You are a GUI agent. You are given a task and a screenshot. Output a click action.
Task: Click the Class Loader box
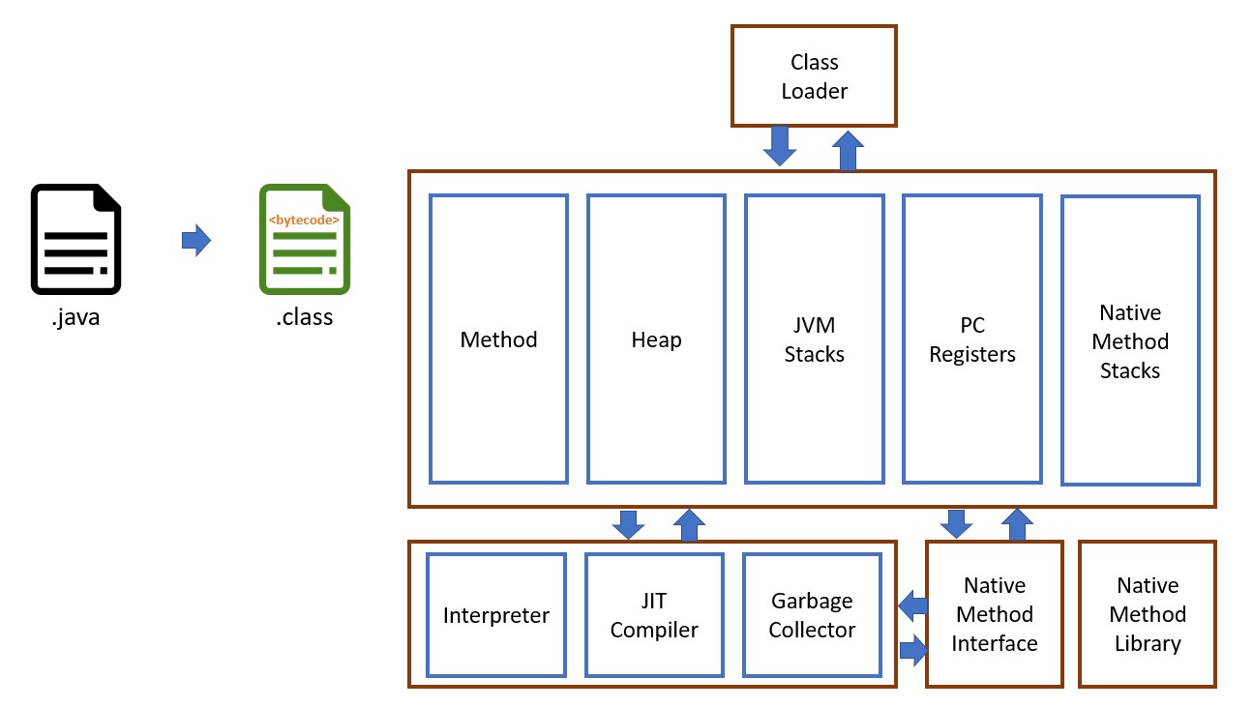pyautogui.click(x=814, y=76)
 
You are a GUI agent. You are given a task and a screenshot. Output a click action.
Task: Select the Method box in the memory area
pyautogui.click(x=498, y=339)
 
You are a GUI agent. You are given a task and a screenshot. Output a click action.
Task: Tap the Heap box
pyautogui.click(x=656, y=339)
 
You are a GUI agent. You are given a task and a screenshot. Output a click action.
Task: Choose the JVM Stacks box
pyautogui.click(x=814, y=339)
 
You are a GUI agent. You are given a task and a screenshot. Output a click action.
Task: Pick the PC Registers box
pyautogui.click(x=972, y=339)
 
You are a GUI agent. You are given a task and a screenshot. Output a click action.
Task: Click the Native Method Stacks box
pyautogui.click(x=1130, y=340)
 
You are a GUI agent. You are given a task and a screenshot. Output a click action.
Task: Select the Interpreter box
pyautogui.click(x=496, y=615)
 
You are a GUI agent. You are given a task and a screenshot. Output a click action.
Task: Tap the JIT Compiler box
pyautogui.click(x=654, y=615)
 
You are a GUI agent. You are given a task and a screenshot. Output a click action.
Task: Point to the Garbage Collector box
pyautogui.click(x=812, y=615)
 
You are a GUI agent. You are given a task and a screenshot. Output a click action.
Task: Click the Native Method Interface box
pyautogui.click(x=994, y=614)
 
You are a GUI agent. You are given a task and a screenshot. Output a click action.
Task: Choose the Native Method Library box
pyautogui.click(x=1148, y=614)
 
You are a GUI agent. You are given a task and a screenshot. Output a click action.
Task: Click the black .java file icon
pyautogui.click(x=76, y=239)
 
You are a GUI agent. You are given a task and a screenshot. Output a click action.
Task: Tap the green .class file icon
pyautogui.click(x=305, y=239)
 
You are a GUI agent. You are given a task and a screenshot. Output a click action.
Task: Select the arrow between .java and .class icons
pyautogui.click(x=196, y=240)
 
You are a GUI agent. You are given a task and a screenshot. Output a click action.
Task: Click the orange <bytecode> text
pyautogui.click(x=304, y=221)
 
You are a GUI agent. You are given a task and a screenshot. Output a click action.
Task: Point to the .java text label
pyautogui.click(x=76, y=316)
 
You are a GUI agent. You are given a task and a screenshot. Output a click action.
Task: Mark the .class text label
pyautogui.click(x=305, y=316)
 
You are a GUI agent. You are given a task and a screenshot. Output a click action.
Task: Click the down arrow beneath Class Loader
pyautogui.click(x=779, y=145)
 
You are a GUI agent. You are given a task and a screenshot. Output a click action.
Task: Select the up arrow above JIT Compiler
pyautogui.click(x=689, y=525)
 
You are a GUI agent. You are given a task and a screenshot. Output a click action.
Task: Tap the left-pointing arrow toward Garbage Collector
pyautogui.click(x=911, y=605)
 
